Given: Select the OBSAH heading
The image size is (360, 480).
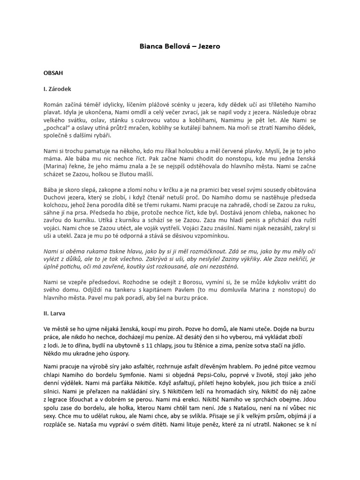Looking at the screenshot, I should (53, 74).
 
